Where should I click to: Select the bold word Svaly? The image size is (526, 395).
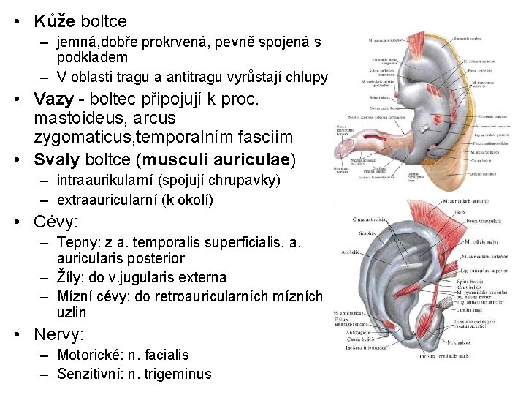(58, 159)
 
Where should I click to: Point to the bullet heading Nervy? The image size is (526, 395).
(59, 335)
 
